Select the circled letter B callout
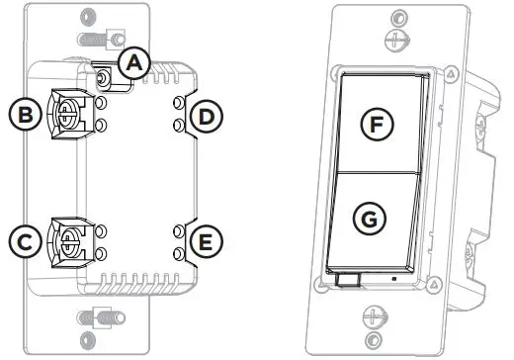(22, 115)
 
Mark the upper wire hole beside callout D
(178, 105)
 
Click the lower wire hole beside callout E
(178, 254)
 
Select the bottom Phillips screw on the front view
(373, 319)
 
